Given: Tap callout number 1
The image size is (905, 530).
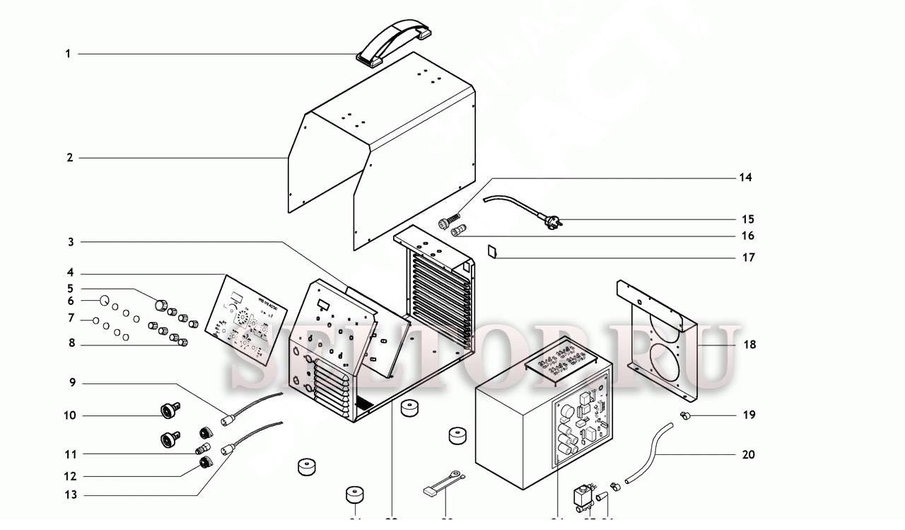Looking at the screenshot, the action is (x=69, y=54).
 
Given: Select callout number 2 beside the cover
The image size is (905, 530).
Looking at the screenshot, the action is (x=70, y=158).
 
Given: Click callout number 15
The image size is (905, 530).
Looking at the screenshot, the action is (x=748, y=219).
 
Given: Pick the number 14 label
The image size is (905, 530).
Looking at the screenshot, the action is (x=746, y=178).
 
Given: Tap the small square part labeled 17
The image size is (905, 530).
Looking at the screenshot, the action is (x=494, y=251).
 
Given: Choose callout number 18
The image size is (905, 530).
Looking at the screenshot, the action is (x=749, y=345).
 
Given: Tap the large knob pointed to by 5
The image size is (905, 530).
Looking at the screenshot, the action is (x=161, y=305).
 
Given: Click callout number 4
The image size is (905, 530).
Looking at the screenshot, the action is (x=71, y=273).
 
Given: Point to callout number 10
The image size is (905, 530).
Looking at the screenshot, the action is (x=70, y=415).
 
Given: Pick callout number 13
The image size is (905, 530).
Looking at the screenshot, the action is (x=71, y=495).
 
